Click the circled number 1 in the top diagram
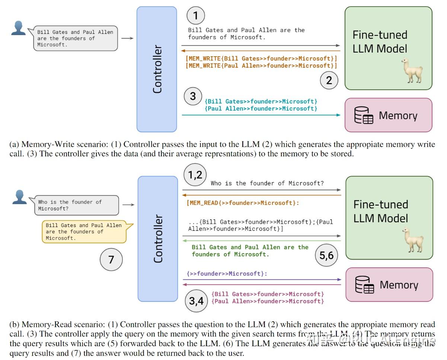pyautogui.click(x=196, y=16)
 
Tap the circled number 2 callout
pyautogui.click(x=329, y=80)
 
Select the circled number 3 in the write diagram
pyautogui.click(x=193, y=96)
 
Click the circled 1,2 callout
pyautogui.click(x=195, y=175)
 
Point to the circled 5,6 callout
pyautogui.click(x=326, y=255)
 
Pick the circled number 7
pyautogui.click(x=111, y=259)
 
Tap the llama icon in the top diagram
pyautogui.click(x=412, y=71)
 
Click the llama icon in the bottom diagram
pyautogui.click(x=412, y=240)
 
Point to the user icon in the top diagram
pyautogui.click(x=18, y=28)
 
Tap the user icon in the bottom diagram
pyautogui.click(x=19, y=197)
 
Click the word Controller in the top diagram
pyautogui.click(x=157, y=69)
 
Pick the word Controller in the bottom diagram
pyautogui.click(x=158, y=239)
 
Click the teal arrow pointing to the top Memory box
pyautogui.click(x=261, y=115)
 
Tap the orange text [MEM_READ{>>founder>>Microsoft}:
pyautogui.click(x=243, y=203)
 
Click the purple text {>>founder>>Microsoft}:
pyautogui.click(x=227, y=274)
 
